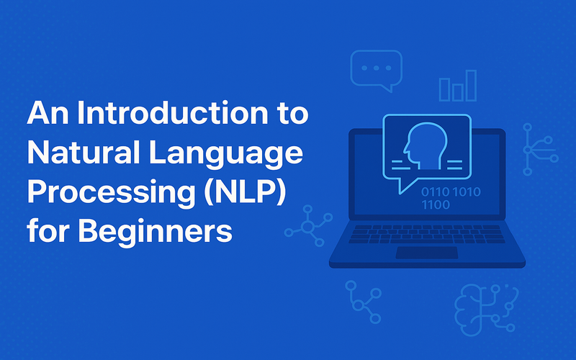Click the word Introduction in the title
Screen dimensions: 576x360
tap(172, 113)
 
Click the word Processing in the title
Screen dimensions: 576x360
tap(111, 194)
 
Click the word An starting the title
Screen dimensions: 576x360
tap(48, 113)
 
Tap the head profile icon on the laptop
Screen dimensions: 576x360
tap(426, 145)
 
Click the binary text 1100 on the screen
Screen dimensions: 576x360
tap(436, 204)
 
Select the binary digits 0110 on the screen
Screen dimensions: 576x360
tap(436, 192)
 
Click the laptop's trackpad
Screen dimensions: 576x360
tap(427, 253)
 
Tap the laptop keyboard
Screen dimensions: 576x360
tap(427, 234)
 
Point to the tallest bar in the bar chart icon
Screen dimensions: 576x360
tap(471, 86)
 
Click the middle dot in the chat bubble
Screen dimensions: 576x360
tap(376, 68)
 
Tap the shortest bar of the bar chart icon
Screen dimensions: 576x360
tap(458, 93)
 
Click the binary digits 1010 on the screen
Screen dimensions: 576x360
tap(467, 192)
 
